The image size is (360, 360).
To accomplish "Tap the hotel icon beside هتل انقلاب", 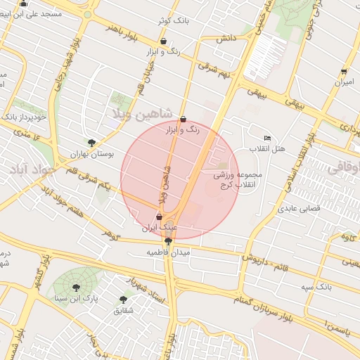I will (x=266, y=138).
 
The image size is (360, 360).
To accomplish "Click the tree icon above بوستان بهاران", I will (x=91, y=142).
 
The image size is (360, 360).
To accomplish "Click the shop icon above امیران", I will (x=344, y=72).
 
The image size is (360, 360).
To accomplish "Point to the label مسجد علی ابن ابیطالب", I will (x=42, y=13).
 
